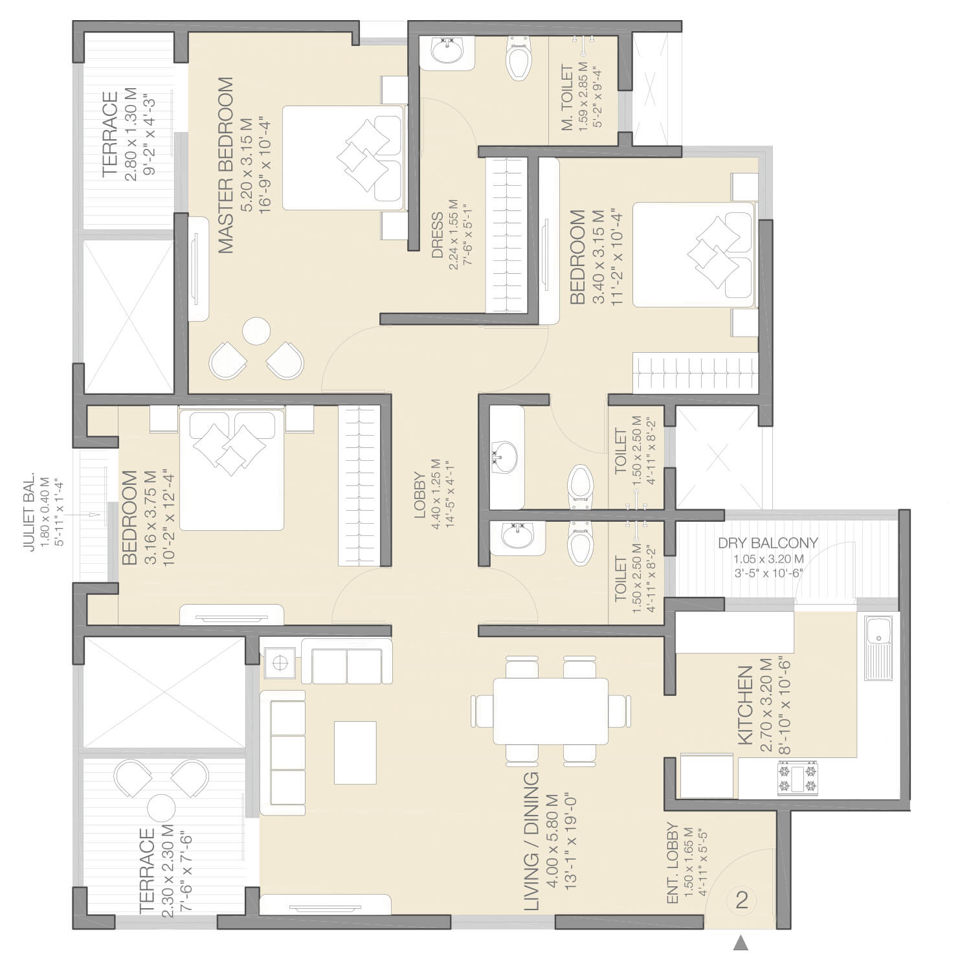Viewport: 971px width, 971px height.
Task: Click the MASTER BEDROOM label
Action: click(x=225, y=166)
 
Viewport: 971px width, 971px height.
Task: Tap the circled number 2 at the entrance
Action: click(x=742, y=900)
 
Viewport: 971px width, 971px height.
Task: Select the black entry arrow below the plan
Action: click(x=741, y=943)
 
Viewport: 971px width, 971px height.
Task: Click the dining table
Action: click(x=551, y=711)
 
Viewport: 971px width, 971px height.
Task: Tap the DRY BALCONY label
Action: click(x=768, y=543)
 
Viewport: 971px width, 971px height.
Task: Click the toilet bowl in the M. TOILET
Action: click(x=518, y=58)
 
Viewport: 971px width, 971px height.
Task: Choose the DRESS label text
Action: click(x=438, y=236)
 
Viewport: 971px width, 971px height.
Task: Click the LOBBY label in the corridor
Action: click(x=420, y=496)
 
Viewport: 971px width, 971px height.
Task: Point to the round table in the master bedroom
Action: click(x=256, y=331)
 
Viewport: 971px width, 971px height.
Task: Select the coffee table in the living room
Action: click(x=355, y=752)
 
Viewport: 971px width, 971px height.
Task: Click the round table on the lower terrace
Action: click(x=161, y=808)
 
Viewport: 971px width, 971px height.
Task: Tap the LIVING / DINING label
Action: click(x=531, y=841)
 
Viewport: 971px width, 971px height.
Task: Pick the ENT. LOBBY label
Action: click(x=673, y=864)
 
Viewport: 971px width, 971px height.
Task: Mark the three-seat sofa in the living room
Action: click(x=282, y=752)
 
